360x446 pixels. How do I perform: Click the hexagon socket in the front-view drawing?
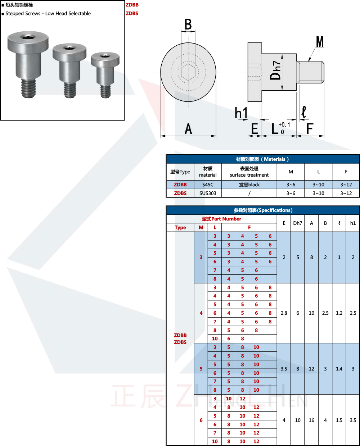pos(188,72)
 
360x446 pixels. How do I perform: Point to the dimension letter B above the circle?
pos(188,24)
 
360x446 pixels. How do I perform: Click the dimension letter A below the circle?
pos(188,129)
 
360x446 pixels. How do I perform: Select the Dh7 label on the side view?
pos(275,70)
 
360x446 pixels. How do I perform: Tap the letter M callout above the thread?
pos(320,42)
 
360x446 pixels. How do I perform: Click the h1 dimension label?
pos(241,113)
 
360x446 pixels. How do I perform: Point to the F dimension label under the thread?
pos(310,128)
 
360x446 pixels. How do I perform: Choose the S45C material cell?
pos(208,185)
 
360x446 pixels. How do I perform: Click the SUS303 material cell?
pos(208,193)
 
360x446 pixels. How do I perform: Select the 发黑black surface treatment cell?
pos(249,185)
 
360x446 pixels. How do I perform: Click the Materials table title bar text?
pos(262,159)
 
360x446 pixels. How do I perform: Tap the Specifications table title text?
pos(263,210)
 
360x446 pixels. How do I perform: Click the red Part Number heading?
pos(221,219)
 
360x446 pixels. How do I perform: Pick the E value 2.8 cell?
pos(284,313)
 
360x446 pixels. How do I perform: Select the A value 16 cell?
pos(311,420)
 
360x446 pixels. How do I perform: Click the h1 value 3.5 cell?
pos(353,420)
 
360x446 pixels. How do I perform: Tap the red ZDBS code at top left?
pos(132,13)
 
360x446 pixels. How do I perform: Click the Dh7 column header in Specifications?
pos(298,223)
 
